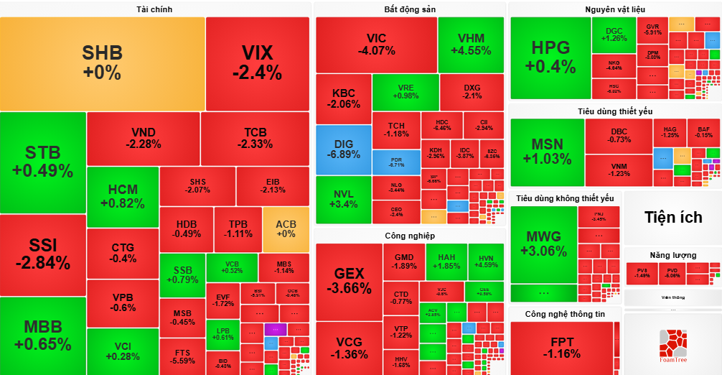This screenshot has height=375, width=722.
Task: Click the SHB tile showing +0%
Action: click(102, 63)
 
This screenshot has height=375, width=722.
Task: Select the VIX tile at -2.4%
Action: click(257, 63)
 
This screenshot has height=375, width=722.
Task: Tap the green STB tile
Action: click(42, 162)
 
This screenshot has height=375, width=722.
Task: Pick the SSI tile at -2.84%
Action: click(42, 254)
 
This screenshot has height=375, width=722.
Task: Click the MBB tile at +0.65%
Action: click(42, 335)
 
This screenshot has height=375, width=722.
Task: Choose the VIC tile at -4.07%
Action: click(376, 45)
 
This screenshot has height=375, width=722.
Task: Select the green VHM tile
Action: click(471, 45)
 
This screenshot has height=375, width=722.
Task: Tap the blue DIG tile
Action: click(343, 149)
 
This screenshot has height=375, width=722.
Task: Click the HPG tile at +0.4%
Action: click(550, 57)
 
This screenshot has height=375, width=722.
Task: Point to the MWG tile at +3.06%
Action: click(543, 244)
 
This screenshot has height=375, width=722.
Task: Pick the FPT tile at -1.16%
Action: click(562, 348)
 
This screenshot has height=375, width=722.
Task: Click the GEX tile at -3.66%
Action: click(349, 281)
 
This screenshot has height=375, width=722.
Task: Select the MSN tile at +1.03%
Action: click(547, 151)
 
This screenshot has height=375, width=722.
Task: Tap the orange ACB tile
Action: click(286, 228)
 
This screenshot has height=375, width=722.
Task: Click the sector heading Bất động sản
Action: click(410, 9)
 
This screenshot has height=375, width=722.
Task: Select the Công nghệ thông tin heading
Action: click(565, 314)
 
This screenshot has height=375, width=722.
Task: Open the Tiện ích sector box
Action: click(672, 218)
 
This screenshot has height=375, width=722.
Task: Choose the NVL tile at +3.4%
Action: click(343, 199)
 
